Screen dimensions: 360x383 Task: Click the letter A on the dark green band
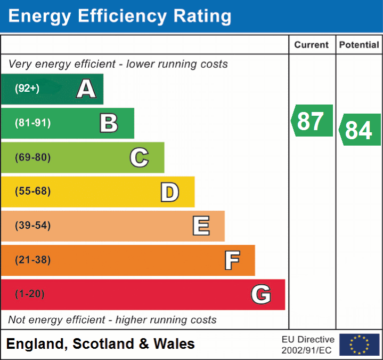86,89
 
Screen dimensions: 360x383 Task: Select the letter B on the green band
109,123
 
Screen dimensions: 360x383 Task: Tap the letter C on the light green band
139,157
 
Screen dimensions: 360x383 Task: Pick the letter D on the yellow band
169,192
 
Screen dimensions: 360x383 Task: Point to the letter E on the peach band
200,226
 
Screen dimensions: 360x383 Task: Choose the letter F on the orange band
231,260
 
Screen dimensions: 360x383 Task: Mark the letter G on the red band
260,294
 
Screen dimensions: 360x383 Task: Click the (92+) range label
27,89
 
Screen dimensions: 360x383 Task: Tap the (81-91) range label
32,123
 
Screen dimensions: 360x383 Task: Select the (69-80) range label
32,157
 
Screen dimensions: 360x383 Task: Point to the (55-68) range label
32,191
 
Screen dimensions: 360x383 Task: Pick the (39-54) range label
32,226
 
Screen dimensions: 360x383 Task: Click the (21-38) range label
32,260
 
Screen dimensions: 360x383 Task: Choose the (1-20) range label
30,294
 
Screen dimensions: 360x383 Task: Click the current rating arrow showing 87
312,121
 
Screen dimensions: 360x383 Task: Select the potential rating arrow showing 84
359,130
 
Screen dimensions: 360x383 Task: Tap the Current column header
312,45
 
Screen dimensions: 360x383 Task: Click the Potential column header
359,45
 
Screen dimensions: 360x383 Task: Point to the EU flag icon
359,345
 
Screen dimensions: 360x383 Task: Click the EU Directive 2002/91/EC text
308,345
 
